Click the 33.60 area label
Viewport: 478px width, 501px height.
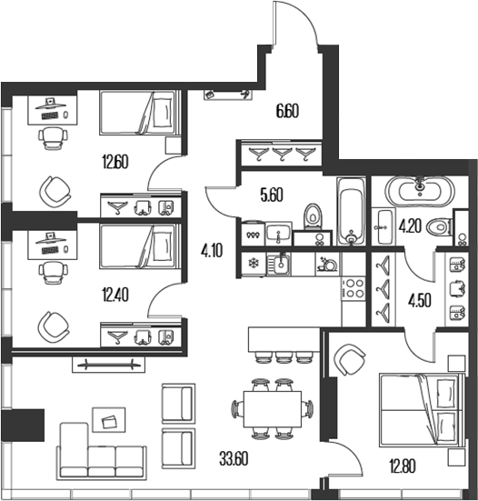click(x=234, y=459)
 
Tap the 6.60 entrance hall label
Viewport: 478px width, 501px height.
click(x=287, y=111)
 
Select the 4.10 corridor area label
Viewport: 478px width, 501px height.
click(x=212, y=250)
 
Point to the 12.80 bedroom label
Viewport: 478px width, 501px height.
click(x=403, y=466)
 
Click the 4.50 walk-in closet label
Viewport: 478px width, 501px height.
click(x=420, y=301)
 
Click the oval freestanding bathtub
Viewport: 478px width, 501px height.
click(x=420, y=191)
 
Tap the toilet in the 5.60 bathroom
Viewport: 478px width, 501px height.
click(x=313, y=216)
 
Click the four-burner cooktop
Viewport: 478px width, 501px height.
click(x=354, y=288)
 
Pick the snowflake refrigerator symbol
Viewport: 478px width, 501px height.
click(x=254, y=264)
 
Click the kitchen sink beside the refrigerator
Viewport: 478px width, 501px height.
click(x=279, y=264)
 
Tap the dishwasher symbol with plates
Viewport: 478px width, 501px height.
click(x=328, y=264)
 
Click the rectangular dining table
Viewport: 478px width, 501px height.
click(x=273, y=409)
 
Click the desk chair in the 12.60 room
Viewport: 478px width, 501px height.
click(x=54, y=137)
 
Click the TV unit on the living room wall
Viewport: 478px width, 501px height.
click(x=108, y=365)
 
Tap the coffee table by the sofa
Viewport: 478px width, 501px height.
click(x=109, y=420)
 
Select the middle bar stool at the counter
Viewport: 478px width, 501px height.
click(x=283, y=357)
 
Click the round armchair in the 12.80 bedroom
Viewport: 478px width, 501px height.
click(x=349, y=360)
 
